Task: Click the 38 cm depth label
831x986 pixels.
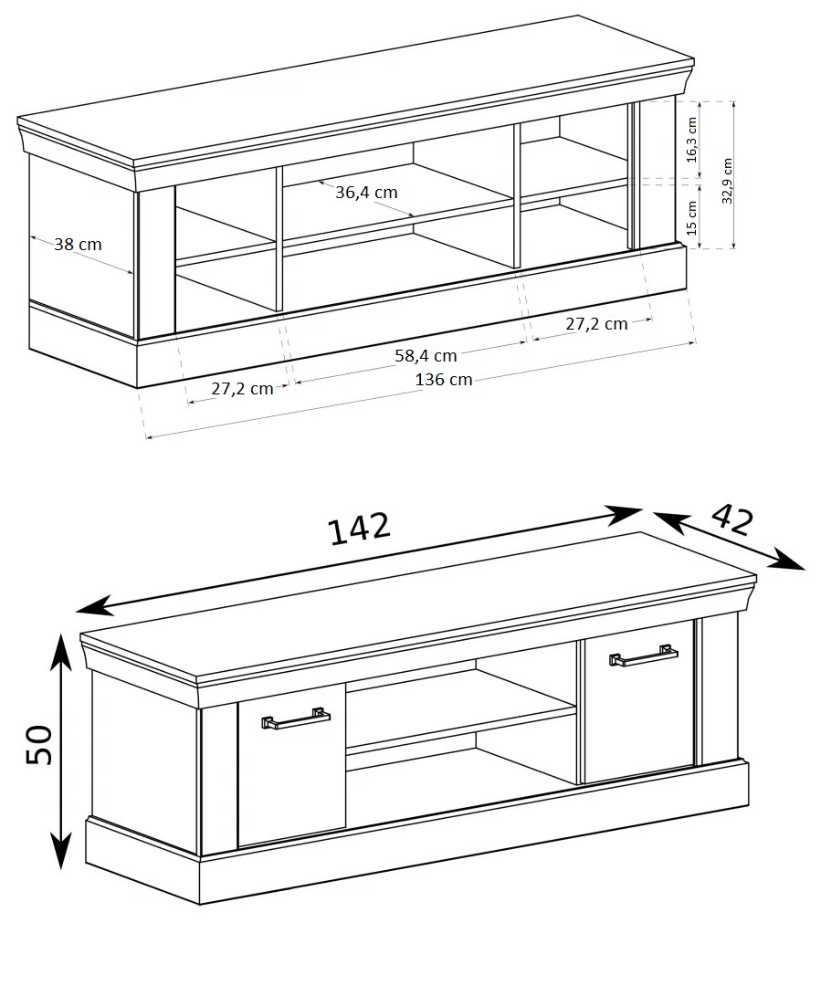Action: point(78,244)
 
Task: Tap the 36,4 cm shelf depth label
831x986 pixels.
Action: point(366,192)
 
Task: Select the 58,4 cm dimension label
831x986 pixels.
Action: point(426,355)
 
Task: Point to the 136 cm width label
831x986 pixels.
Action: point(444,379)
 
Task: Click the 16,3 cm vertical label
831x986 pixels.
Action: point(692,140)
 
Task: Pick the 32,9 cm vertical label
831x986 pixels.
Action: point(727,181)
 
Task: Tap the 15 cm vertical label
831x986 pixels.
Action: point(692,217)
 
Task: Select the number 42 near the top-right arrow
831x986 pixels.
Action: point(731,519)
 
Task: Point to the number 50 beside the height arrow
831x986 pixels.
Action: point(39,745)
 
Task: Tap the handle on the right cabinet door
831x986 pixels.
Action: point(644,655)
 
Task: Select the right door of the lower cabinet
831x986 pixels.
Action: point(640,702)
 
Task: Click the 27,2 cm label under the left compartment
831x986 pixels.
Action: point(242,389)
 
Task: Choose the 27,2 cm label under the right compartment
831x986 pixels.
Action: point(596,324)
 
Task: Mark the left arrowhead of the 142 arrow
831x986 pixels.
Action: point(93,606)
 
